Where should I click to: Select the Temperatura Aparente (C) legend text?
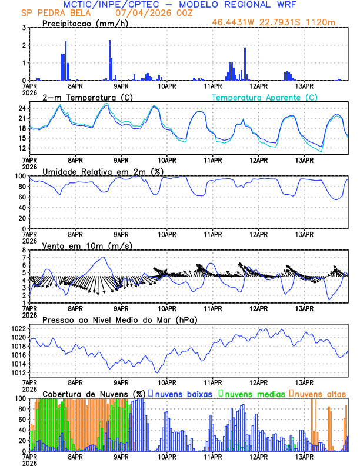[264, 97]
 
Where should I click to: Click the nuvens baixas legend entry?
[184, 393]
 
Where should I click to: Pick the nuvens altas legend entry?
[319, 393]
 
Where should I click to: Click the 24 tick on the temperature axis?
[22, 108]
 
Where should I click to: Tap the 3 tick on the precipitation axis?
[24, 28]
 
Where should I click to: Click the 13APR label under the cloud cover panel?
[304, 456]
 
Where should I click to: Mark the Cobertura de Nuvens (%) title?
[93, 393]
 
